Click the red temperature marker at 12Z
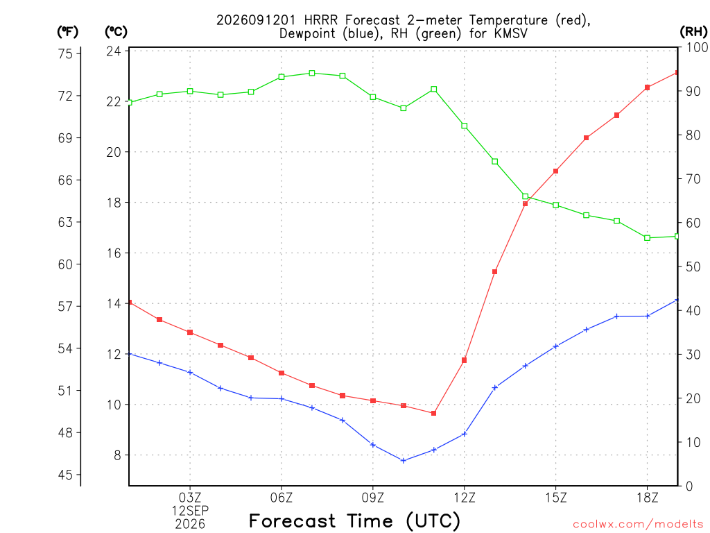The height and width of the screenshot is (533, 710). click(464, 360)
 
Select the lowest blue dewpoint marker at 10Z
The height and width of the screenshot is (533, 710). click(404, 461)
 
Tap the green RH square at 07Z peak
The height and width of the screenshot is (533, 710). click(312, 73)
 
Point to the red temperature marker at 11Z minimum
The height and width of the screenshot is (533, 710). click(434, 414)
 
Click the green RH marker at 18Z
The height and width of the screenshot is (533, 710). click(648, 238)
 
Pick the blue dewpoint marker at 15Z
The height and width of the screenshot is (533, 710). click(556, 346)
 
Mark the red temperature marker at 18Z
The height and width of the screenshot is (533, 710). click(648, 87)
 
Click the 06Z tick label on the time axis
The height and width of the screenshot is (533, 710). click(282, 498)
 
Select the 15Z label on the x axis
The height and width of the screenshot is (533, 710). click(556, 498)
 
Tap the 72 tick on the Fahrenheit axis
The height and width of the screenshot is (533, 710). click(65, 96)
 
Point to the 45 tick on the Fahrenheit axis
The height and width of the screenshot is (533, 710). click(65, 475)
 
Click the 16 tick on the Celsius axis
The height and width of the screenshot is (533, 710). click(114, 253)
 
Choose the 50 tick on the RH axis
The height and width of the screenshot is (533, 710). click(693, 267)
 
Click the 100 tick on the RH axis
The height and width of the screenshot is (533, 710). click(697, 47)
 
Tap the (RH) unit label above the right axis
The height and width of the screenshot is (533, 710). click(693, 32)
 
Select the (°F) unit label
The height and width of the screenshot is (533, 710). click(67, 32)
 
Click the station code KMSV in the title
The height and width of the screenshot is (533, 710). click(511, 33)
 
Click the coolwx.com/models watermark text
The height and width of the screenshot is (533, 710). click(638, 525)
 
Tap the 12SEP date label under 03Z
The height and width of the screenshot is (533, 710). click(190, 511)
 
